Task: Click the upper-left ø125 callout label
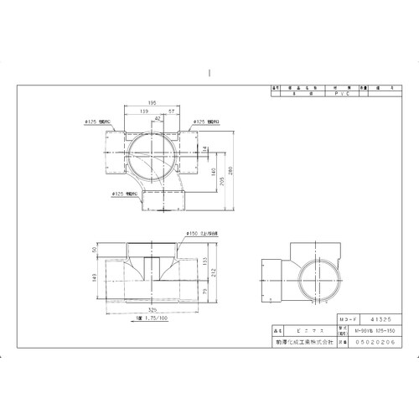(x=97, y=121)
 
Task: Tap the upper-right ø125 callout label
(x=207, y=121)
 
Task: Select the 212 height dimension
(x=215, y=271)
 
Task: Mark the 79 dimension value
(x=206, y=291)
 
